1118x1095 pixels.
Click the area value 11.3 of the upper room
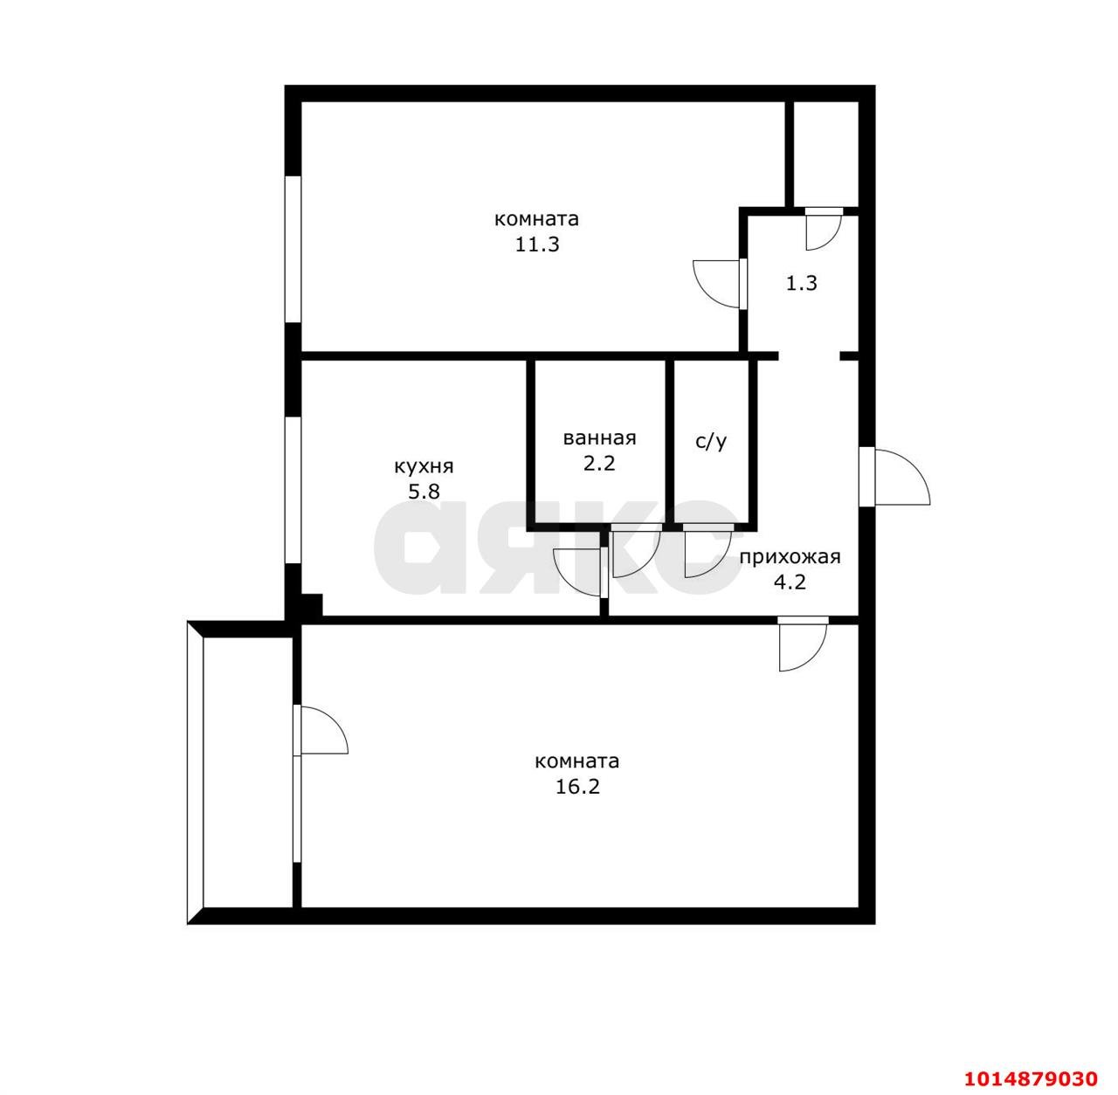coord(537,244)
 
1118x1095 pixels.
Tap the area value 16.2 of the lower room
coord(577,786)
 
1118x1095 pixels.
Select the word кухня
coord(424,466)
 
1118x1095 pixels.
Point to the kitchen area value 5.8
coord(424,492)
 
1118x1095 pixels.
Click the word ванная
coord(599,437)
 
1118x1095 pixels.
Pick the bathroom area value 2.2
coord(599,463)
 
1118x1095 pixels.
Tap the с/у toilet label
coord(711,442)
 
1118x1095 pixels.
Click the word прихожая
coord(790,556)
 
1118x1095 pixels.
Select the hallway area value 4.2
coord(790,582)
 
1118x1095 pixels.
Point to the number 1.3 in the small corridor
coord(801,283)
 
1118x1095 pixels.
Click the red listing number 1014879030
coord(1031,1078)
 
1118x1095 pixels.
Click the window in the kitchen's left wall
coord(293,490)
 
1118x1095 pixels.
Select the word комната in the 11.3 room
coord(536,219)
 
